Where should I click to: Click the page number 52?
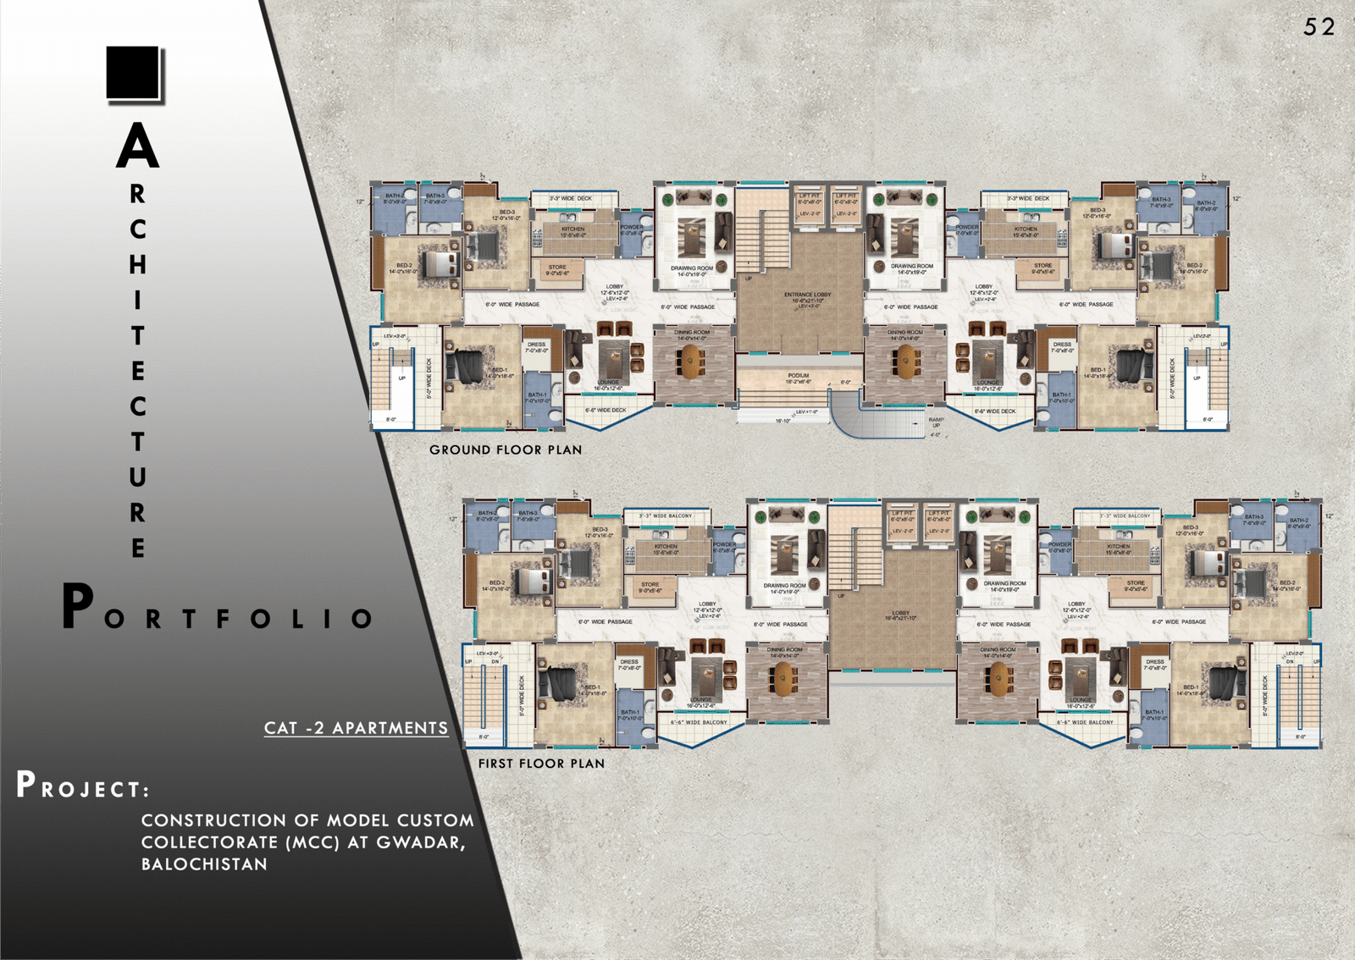pos(1319,27)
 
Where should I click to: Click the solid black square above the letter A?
pos(133,73)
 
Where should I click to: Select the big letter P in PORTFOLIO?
pos(78,606)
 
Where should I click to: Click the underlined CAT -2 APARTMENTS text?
pos(356,728)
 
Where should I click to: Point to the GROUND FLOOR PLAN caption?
pos(506,450)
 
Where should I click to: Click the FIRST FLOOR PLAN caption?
pos(541,763)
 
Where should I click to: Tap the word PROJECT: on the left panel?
pos(82,786)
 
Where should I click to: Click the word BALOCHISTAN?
pos(204,864)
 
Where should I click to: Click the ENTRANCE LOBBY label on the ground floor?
pos(807,295)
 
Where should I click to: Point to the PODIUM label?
pos(798,376)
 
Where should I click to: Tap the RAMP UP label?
pos(936,422)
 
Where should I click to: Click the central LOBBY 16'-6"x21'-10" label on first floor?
pos(900,615)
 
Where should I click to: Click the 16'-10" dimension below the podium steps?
pos(783,421)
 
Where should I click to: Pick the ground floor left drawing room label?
pos(691,270)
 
